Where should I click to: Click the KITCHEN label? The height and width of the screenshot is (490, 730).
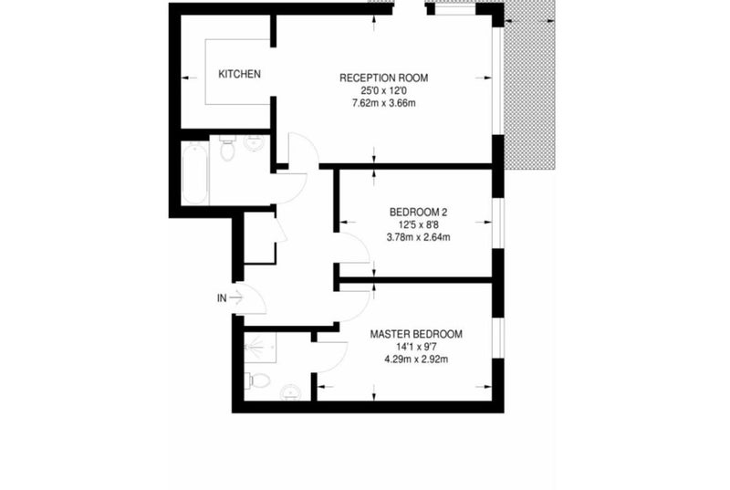239,74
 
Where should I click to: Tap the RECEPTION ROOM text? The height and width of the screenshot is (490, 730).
383,78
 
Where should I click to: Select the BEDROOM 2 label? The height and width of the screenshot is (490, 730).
418,213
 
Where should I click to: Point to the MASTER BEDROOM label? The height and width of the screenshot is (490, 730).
416,334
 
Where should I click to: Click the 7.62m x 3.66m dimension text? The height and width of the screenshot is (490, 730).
384,103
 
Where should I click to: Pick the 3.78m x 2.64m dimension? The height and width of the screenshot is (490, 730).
418,237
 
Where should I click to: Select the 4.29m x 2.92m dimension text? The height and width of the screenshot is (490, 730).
416,360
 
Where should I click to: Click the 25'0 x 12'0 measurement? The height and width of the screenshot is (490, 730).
384,90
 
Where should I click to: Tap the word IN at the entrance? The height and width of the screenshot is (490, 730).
222,298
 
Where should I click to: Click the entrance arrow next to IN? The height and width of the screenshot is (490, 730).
236,297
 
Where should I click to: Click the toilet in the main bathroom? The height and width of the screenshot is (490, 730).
227,148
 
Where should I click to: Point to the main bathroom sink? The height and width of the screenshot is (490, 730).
254,141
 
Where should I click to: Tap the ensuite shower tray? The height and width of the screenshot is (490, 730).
260,347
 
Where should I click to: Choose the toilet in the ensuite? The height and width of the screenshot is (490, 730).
258,381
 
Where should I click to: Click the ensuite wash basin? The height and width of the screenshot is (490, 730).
290,392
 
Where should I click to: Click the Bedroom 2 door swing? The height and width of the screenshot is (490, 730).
355,247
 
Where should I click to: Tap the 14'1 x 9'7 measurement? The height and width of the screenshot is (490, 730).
416,347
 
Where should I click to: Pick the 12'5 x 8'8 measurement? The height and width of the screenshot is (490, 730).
418,224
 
